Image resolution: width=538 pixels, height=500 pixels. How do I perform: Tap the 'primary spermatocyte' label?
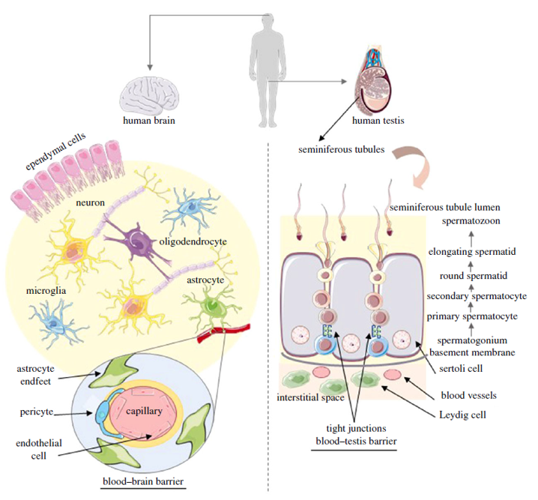click(x=471, y=317)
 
